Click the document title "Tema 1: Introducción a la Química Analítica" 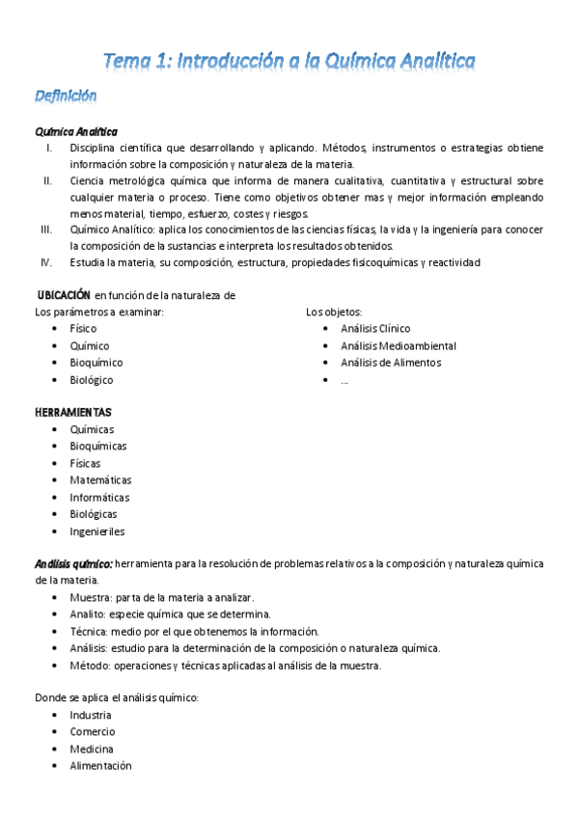(x=289, y=62)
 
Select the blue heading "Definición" (x=66, y=95)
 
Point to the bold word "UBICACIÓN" (x=64, y=295)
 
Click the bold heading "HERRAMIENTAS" (x=73, y=412)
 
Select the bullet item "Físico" (x=83, y=329)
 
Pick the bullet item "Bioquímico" (x=96, y=363)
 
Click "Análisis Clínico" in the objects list (x=374, y=329)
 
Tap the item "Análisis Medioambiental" (x=398, y=345)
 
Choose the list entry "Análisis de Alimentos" (x=390, y=363)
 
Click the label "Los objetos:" (x=334, y=312)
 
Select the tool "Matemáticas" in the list (x=100, y=480)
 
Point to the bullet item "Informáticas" (x=99, y=498)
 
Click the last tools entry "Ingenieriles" (x=96, y=532)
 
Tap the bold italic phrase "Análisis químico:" (x=74, y=563)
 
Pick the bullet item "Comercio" (x=92, y=732)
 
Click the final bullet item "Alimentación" (x=100, y=766)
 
